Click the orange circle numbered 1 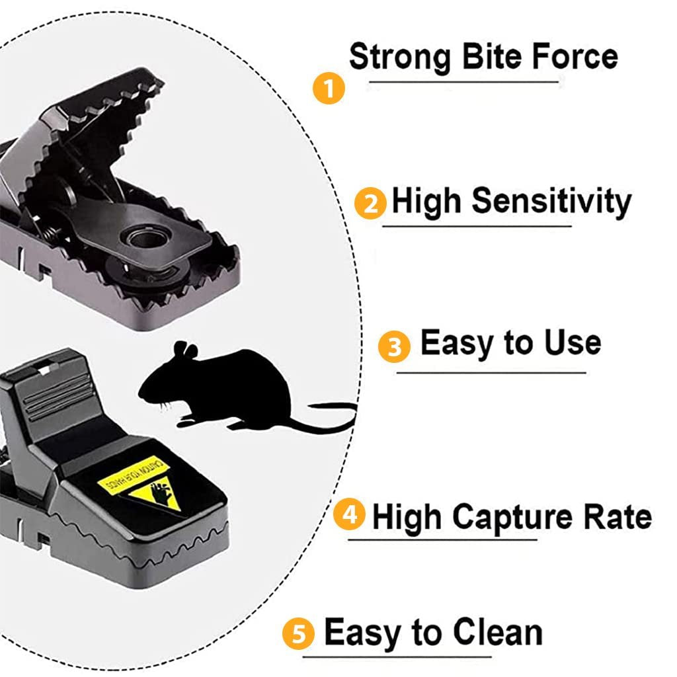[329, 89]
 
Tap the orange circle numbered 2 [371, 204]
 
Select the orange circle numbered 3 [395, 347]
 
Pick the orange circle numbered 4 [349, 514]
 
